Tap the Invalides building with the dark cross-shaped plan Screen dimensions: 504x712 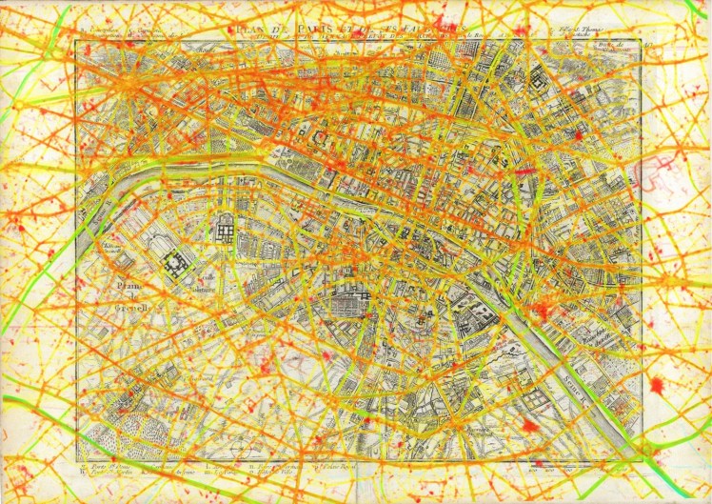click(178, 264)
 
